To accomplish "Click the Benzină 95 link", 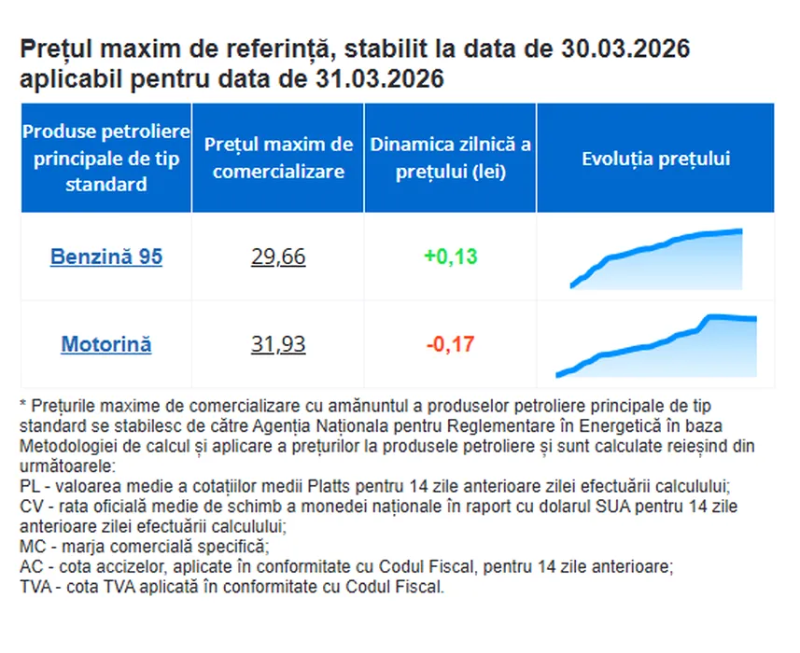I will pos(106,257).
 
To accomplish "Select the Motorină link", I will pos(106,344).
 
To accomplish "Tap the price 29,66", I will pos(278,257).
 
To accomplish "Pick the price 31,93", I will pos(278,344).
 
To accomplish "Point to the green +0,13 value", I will pos(450,257).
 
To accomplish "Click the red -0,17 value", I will pos(450,344).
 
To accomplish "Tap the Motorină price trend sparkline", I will pos(656,346).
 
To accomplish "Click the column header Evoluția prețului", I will pos(655,159).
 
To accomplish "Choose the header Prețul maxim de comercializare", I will pos(278,158).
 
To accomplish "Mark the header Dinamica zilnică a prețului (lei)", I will pos(450,158).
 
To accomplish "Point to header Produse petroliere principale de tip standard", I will pos(106,158).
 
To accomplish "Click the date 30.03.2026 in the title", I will pos(624,49).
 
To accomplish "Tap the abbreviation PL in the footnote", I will pos(29,487).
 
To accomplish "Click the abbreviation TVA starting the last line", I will pos(35,588).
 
